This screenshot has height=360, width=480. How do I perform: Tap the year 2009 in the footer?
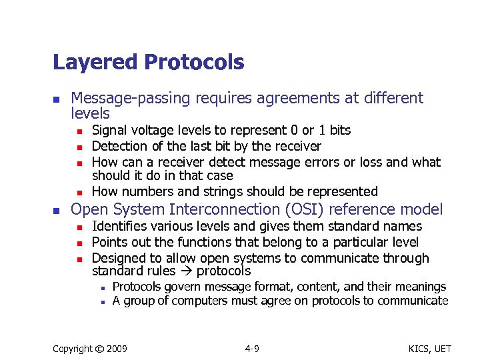[117, 349]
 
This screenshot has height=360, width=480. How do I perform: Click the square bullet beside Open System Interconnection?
[57, 210]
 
